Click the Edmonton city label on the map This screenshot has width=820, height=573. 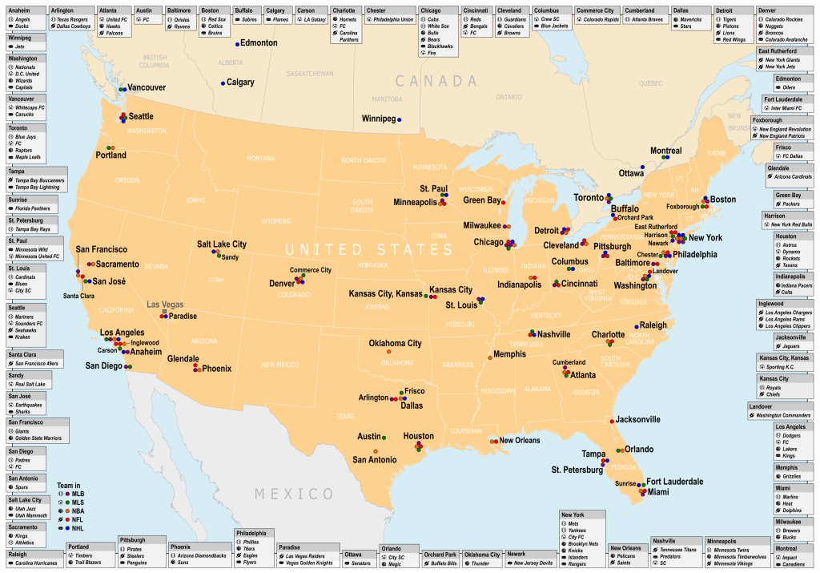259,42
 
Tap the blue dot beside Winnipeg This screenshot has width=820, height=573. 400,119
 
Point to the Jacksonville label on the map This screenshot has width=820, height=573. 637,419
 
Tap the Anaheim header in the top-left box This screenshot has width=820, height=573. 19,10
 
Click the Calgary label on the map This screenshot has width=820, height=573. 240,83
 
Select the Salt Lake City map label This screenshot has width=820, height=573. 222,244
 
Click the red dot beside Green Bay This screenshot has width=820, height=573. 503,203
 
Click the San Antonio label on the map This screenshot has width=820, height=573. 375,460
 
